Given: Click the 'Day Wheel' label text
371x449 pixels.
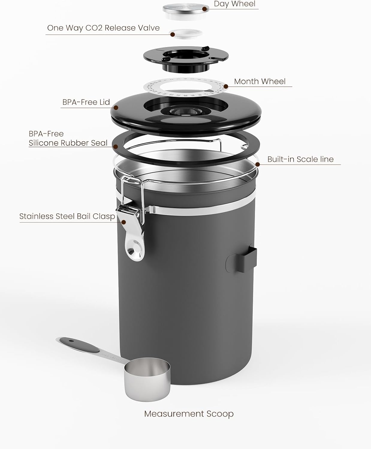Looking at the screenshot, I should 235,4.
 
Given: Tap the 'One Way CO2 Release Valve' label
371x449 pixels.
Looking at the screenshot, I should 103,28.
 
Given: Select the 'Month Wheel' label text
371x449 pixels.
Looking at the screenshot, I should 260,81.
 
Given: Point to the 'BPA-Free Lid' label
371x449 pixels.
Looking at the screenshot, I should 86,102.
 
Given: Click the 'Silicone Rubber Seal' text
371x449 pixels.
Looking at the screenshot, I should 68,143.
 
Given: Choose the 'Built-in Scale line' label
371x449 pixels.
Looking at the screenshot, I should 300,159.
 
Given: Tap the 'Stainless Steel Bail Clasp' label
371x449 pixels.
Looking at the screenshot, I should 67,216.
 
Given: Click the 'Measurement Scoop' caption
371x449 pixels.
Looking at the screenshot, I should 189,414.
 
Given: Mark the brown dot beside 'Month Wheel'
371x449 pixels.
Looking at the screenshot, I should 226,87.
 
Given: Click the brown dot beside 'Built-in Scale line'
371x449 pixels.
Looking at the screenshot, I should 258,164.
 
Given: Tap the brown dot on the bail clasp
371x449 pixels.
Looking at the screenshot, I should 123,222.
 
